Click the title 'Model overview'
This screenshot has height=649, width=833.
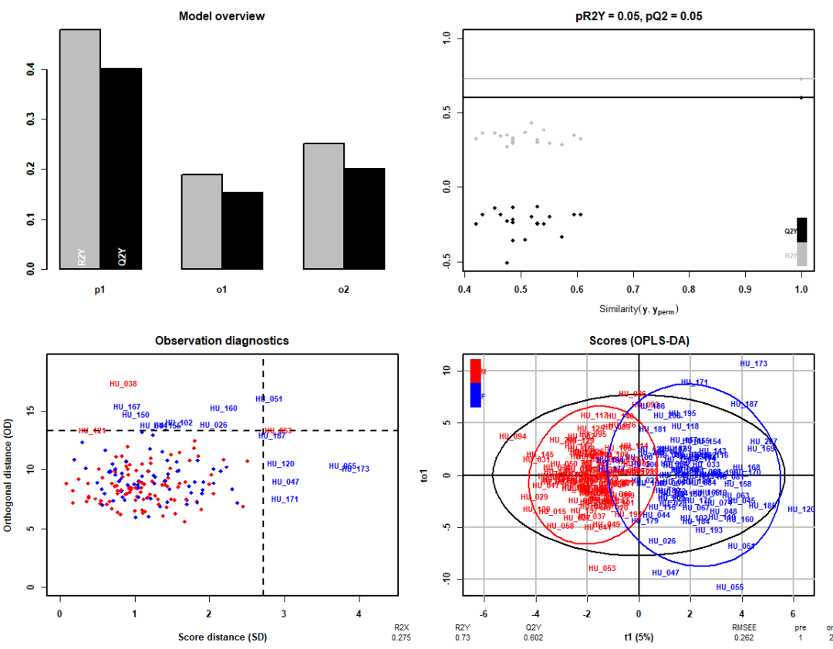(221, 16)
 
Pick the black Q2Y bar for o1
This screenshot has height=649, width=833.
(242, 230)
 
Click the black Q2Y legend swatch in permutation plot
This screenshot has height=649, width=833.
(801, 230)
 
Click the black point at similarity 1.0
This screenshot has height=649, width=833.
(801, 97)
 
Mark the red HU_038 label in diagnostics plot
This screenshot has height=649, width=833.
(123, 383)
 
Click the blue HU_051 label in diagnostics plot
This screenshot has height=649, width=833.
(269, 398)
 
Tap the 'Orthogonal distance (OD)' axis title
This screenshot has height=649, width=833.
(28, 471)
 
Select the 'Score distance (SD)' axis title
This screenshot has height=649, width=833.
(222, 637)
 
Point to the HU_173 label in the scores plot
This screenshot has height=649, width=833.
(754, 363)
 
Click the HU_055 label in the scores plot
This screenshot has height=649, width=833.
(730, 587)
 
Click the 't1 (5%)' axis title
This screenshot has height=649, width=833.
(638, 637)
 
